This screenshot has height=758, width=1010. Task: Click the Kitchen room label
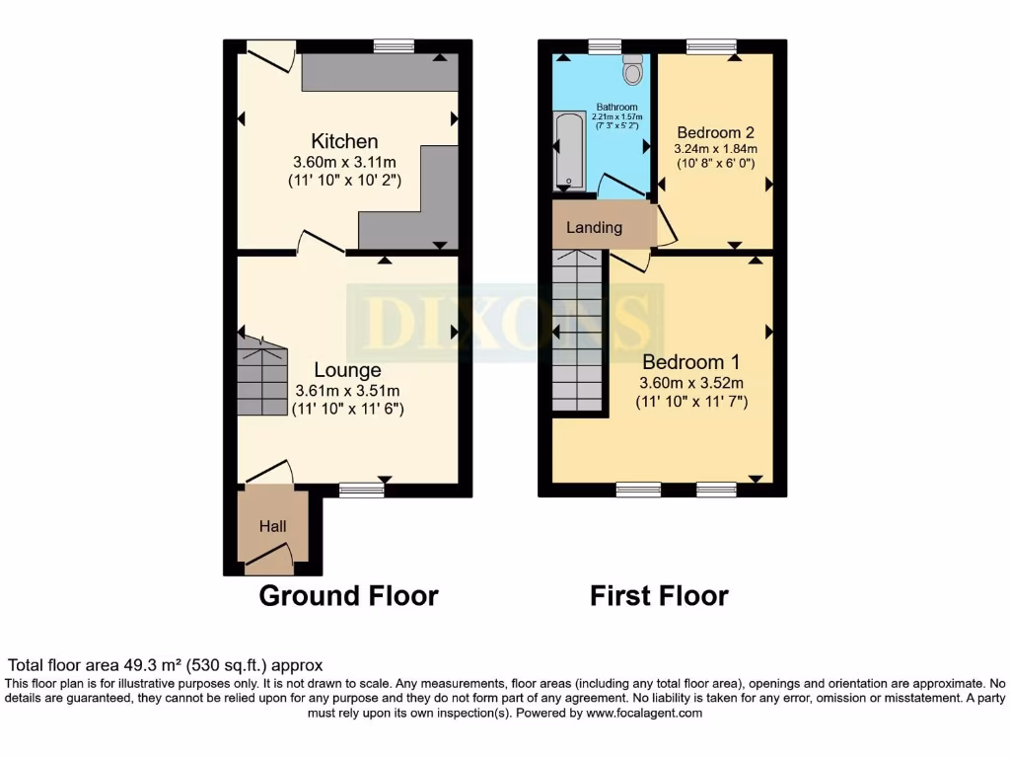pos(344,141)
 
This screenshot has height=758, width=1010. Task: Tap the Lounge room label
pos(347,370)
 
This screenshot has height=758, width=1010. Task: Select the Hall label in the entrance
pos(272,527)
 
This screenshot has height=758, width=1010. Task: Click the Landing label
pos(594,227)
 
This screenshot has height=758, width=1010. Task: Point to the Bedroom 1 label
pos(690,362)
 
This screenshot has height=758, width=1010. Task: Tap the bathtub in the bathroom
pos(569,151)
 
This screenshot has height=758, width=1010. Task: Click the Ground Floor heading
pos(348,596)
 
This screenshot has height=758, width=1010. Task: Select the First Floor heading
pos(659,596)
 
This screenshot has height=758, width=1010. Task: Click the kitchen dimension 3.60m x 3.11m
pos(344,163)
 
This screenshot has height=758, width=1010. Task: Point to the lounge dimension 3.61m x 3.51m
pos(347,391)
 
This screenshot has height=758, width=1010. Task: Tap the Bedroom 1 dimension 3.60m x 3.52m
pos(690,384)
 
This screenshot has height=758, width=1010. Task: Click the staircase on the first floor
pos(577,331)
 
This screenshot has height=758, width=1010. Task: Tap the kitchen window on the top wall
pos(394,45)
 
